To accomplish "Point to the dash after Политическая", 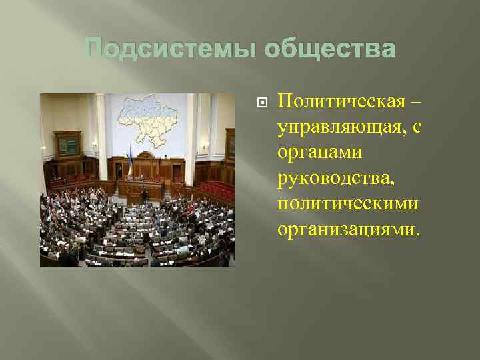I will point(416,101).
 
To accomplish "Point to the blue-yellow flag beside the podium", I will point(129,164).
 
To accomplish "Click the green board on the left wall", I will point(67,144).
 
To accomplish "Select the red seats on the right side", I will point(217,190).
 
